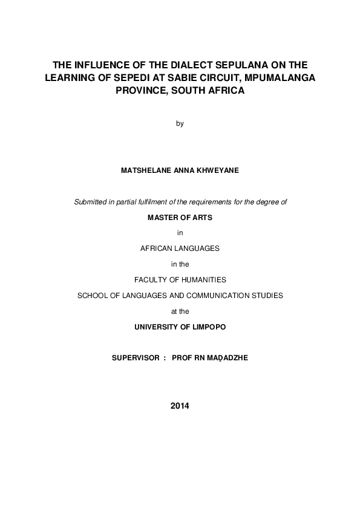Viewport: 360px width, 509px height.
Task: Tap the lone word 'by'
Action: [180, 124]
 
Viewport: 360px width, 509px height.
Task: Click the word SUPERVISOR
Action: [134, 358]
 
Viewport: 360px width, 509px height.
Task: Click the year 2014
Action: [180, 406]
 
